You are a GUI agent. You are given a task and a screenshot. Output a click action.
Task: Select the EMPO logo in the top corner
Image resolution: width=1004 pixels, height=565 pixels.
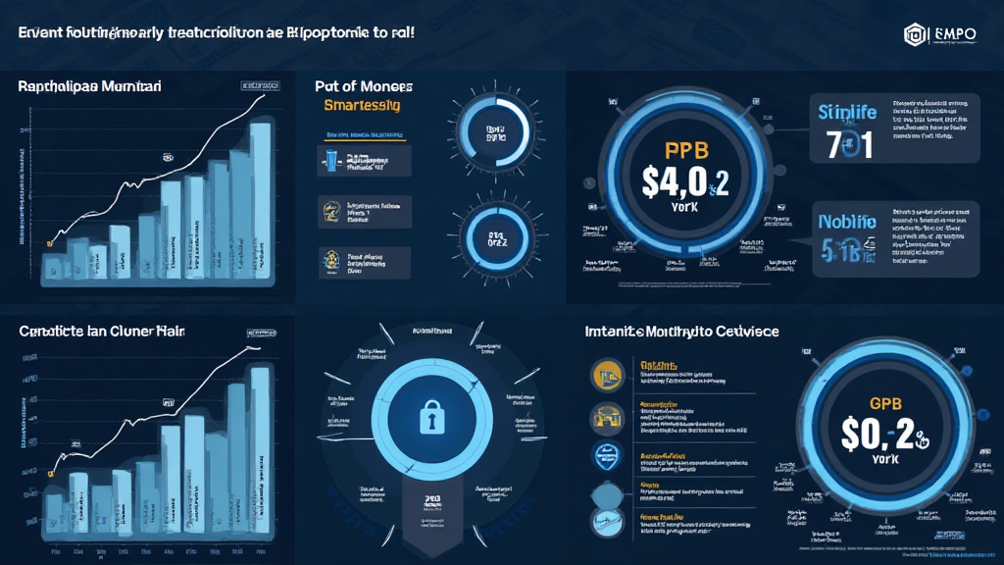tap(941, 33)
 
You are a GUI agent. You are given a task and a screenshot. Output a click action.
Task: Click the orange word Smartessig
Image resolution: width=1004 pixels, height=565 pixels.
tap(355, 105)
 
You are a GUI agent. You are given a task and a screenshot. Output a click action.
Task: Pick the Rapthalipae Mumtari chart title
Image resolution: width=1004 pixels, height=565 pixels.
tap(90, 86)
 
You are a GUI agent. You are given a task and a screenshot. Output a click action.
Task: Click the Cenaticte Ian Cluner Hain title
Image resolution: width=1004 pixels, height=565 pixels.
tap(102, 332)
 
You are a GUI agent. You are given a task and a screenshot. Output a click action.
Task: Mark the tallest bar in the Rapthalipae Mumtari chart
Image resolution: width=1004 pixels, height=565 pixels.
tap(261, 186)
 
